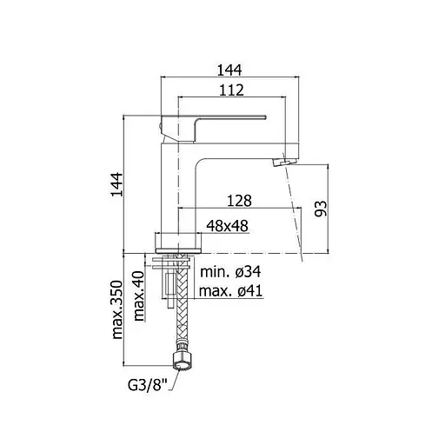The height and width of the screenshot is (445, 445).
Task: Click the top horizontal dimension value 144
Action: point(229,70)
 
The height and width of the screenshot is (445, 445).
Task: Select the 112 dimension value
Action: point(231,90)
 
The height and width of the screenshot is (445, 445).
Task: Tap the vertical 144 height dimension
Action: point(117,184)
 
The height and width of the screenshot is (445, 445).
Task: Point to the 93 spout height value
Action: point(321,209)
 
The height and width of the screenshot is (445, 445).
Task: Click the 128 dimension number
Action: point(239,201)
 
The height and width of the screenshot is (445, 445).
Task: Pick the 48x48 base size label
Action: point(228,226)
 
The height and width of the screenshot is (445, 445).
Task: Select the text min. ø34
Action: point(230,272)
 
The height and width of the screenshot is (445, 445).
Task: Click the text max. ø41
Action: point(230,290)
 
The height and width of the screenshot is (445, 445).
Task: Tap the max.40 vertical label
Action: point(139,296)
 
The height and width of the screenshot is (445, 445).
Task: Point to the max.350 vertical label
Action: point(117,309)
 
